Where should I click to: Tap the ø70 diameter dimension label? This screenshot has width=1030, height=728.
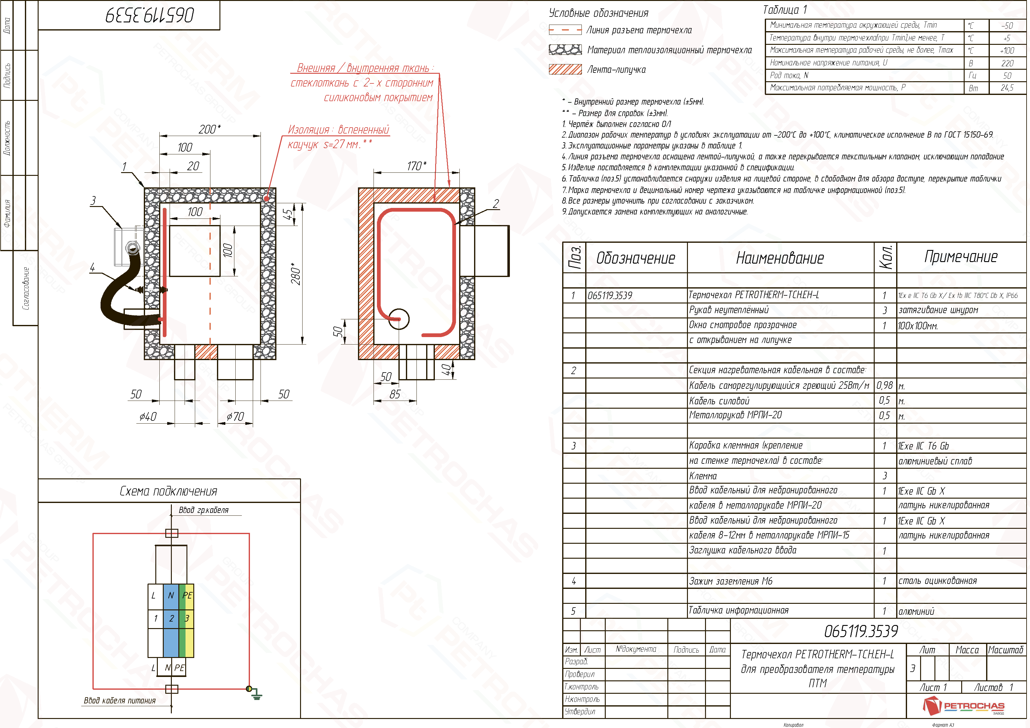(x=235, y=417)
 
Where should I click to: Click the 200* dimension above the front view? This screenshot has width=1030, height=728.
(x=209, y=129)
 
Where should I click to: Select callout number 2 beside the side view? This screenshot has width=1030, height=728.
(x=496, y=204)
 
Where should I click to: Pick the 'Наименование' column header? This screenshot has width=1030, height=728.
(x=780, y=258)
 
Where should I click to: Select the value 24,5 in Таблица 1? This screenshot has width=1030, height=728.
(x=1007, y=88)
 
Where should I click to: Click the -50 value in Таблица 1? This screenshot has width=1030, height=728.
(x=1007, y=26)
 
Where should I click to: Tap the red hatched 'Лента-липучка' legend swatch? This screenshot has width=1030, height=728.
(x=565, y=69)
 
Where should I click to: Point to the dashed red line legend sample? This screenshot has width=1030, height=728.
(x=565, y=30)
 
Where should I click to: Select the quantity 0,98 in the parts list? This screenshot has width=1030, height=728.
(x=885, y=385)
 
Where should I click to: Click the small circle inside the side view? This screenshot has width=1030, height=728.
(x=399, y=319)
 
